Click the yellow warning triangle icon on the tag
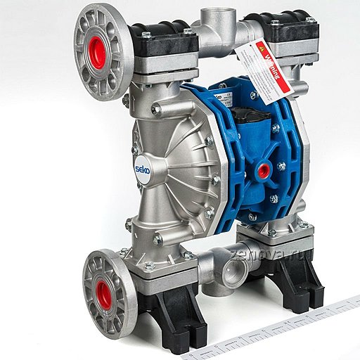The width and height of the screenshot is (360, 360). (260, 51)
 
